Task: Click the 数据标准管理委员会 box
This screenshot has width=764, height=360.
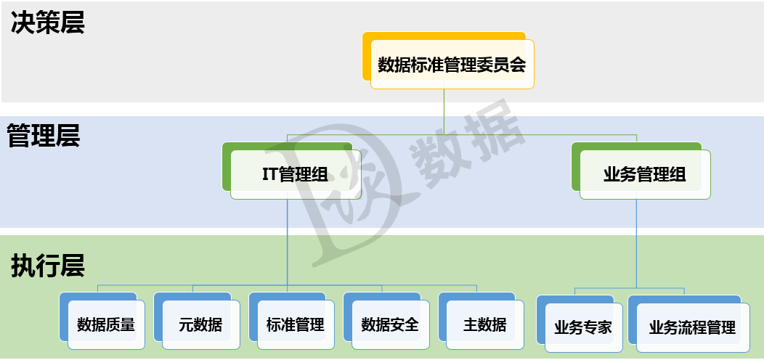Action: click(x=452, y=65)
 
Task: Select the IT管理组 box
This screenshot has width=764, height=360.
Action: click(x=295, y=174)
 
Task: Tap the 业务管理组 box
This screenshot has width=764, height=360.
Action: click(x=644, y=174)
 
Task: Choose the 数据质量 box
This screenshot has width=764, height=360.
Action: click(x=106, y=324)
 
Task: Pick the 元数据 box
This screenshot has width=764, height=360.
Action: click(x=200, y=324)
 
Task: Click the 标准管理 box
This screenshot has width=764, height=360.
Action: click(x=295, y=324)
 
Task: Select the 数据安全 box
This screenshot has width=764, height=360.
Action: click(x=390, y=324)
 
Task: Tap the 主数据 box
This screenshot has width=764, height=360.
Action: click(x=484, y=324)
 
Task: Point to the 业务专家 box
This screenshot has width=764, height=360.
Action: click(x=582, y=327)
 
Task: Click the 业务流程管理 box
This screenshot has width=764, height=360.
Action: click(x=691, y=327)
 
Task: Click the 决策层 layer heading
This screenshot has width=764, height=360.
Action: click(x=48, y=22)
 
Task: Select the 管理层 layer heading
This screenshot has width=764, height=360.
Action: click(x=44, y=136)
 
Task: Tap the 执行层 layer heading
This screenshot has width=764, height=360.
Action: click(x=48, y=266)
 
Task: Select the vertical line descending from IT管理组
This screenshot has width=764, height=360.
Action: click(x=288, y=240)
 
